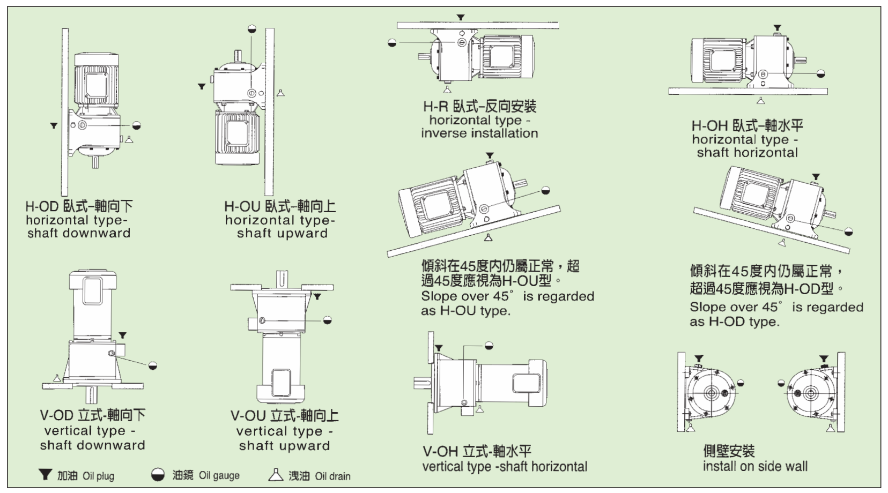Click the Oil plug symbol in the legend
coord(46,474)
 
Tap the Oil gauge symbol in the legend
coord(158,475)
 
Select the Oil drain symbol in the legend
coord(275,474)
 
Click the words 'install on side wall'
coord(755,466)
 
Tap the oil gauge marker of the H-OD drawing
coord(136,125)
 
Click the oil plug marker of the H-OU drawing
coord(202,86)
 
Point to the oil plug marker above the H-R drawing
coord(461,18)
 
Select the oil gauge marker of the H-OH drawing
coord(820,73)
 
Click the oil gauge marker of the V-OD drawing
coord(153,365)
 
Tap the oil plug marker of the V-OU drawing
coord(317,296)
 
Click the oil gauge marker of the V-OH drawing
coord(489,346)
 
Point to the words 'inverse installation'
coord(479,133)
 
